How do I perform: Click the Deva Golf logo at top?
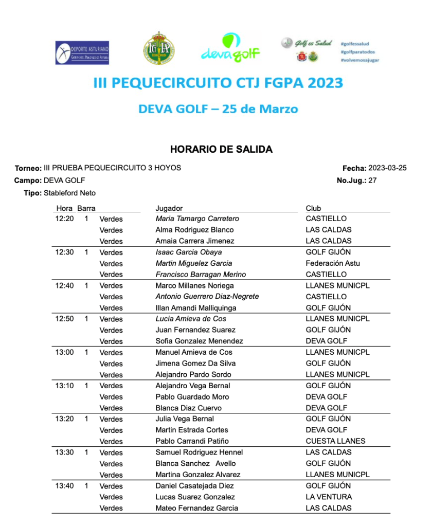[230, 48]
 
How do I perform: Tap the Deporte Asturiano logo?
[82, 52]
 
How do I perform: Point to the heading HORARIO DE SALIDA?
[221, 150]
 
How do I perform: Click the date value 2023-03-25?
[387, 168]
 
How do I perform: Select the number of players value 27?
[372, 180]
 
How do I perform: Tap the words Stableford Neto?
[69, 193]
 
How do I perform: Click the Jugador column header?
[169, 208]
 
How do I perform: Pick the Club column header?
[313, 208]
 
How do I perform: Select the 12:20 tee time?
[64, 219]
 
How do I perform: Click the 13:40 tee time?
[64, 486]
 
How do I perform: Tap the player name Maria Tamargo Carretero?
[197, 219]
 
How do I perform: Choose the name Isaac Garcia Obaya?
[189, 252]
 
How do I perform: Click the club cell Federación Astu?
[333, 263]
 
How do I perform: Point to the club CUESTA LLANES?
[335, 441]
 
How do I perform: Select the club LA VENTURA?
[329, 497]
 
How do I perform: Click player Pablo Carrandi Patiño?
[192, 441]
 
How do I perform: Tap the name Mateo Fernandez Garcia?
[196, 508]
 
